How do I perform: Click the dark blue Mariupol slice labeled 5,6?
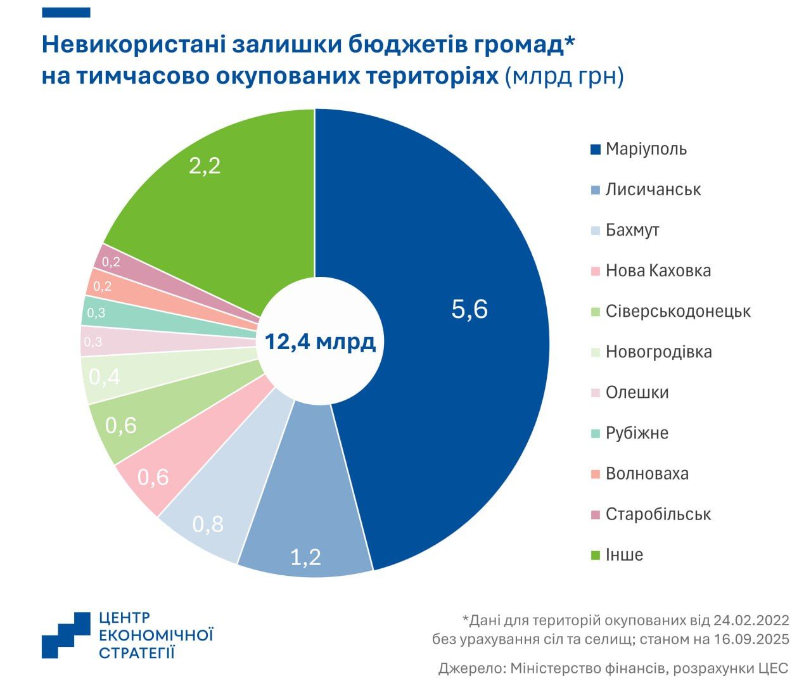click(x=469, y=310)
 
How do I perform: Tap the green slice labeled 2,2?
click(x=205, y=166)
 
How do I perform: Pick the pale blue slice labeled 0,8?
click(x=208, y=524)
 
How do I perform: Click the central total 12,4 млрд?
click(x=320, y=342)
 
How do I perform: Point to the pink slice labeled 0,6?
click(x=153, y=476)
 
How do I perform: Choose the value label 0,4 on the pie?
click(x=105, y=378)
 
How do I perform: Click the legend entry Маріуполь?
click(x=646, y=149)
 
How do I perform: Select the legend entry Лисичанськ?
click(x=653, y=189)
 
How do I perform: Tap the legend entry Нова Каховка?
click(x=658, y=271)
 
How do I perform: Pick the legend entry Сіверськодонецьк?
click(x=677, y=311)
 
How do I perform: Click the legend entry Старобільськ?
click(x=658, y=514)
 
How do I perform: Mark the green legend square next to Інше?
click(x=595, y=555)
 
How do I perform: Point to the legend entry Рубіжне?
click(x=636, y=433)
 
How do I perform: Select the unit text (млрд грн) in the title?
click(x=565, y=76)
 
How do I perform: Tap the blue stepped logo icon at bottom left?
click(x=66, y=635)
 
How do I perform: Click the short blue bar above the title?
click(x=66, y=13)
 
